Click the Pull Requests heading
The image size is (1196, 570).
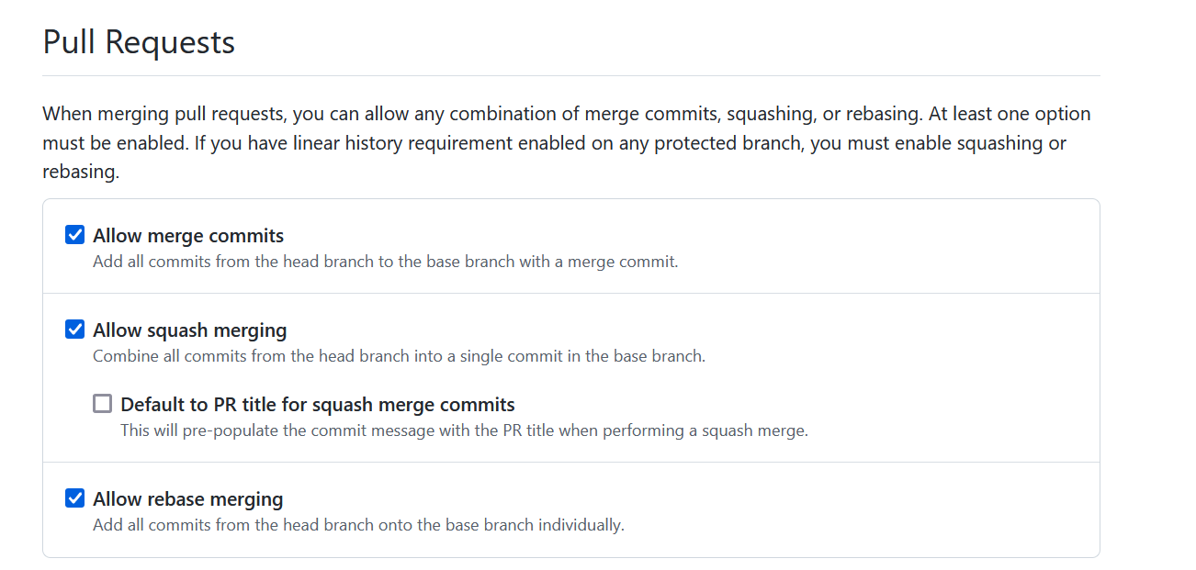pos(139,43)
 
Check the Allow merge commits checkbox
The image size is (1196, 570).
pos(75,236)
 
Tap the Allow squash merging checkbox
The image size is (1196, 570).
pos(75,330)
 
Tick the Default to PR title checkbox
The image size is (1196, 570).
pos(103,404)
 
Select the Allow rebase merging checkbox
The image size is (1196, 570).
pos(75,498)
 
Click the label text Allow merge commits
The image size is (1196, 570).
pos(188,236)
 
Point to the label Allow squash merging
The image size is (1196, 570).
pos(189,330)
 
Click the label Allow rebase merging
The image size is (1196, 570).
pos(187,499)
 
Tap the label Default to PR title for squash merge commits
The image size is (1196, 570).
pos(317,405)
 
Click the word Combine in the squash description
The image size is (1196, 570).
pos(122,356)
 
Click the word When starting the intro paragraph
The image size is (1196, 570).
pos(66,115)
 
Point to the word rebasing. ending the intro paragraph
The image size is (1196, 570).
pos(81,172)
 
